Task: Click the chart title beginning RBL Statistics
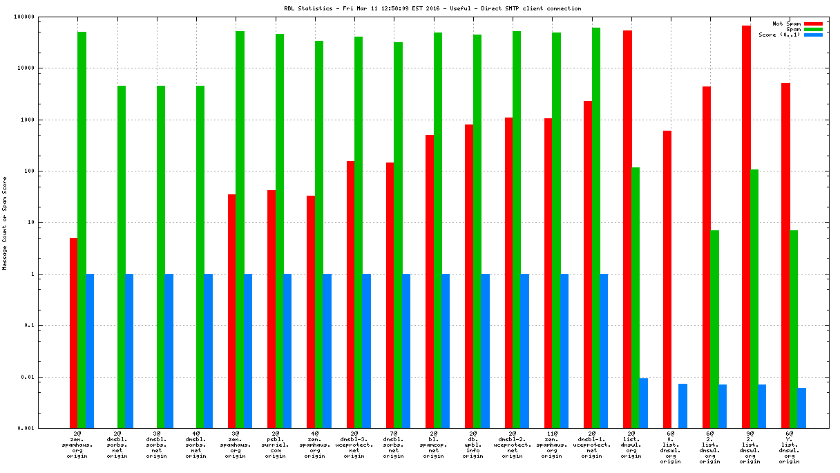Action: click(x=432, y=8)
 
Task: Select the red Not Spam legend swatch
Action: click(x=813, y=24)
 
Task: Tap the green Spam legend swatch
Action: click(x=813, y=29)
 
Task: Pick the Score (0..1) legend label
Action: click(x=779, y=35)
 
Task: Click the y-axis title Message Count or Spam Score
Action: click(x=5, y=223)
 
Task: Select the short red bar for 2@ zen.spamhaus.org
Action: click(x=73, y=333)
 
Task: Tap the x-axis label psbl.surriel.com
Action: click(x=275, y=447)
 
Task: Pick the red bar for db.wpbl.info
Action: click(x=469, y=276)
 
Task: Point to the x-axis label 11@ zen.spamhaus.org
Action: click(x=552, y=447)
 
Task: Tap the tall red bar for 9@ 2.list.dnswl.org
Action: click(x=746, y=227)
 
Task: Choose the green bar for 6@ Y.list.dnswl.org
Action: click(x=794, y=329)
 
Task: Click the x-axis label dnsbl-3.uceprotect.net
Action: click(x=354, y=447)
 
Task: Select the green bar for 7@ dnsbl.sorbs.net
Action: click(x=399, y=235)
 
